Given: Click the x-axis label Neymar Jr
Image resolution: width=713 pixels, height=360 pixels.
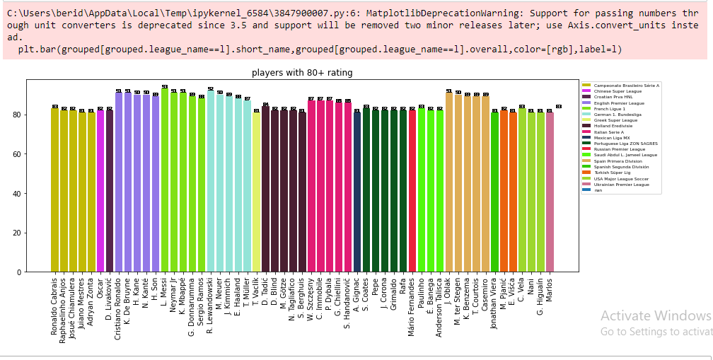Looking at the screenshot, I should click(174, 298).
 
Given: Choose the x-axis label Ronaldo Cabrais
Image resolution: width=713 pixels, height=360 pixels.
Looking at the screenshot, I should click(55, 307).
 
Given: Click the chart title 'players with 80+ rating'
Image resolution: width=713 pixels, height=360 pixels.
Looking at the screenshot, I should click(302, 73).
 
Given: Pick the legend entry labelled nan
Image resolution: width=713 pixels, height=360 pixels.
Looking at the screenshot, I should click(598, 190).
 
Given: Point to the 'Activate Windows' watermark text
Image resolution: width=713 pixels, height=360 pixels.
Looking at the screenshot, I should click(656, 315).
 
